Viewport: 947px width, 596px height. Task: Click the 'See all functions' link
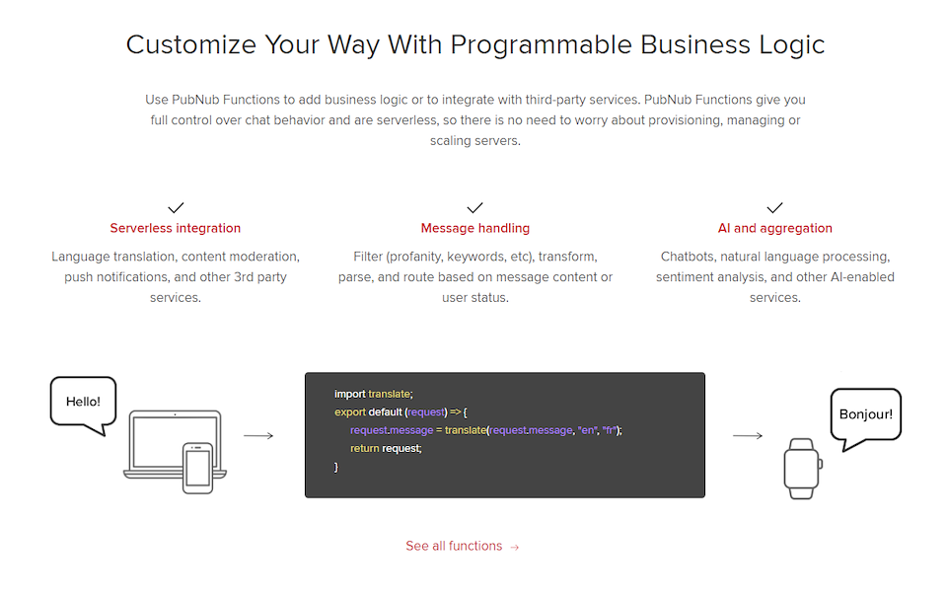coord(462,546)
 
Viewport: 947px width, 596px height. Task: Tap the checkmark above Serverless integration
coord(176,208)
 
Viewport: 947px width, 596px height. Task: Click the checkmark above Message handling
coord(475,208)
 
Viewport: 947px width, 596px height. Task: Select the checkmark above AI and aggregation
coord(775,208)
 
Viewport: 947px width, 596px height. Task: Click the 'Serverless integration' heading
coord(176,228)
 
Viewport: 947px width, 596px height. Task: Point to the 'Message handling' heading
coord(475,228)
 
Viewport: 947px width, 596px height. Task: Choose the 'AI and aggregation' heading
coord(775,228)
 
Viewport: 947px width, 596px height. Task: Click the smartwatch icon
coord(803,469)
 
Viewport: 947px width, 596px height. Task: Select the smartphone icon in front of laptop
coord(197,468)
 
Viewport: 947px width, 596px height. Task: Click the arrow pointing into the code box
coord(258,435)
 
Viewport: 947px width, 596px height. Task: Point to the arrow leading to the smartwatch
coord(748,435)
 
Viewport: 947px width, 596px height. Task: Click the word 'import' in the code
coord(349,394)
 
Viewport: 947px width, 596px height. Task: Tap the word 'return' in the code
coord(365,448)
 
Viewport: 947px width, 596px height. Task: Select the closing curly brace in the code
coord(335,467)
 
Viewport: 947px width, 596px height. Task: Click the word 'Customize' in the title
coord(191,44)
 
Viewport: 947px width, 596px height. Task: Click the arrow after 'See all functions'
coord(515,547)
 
